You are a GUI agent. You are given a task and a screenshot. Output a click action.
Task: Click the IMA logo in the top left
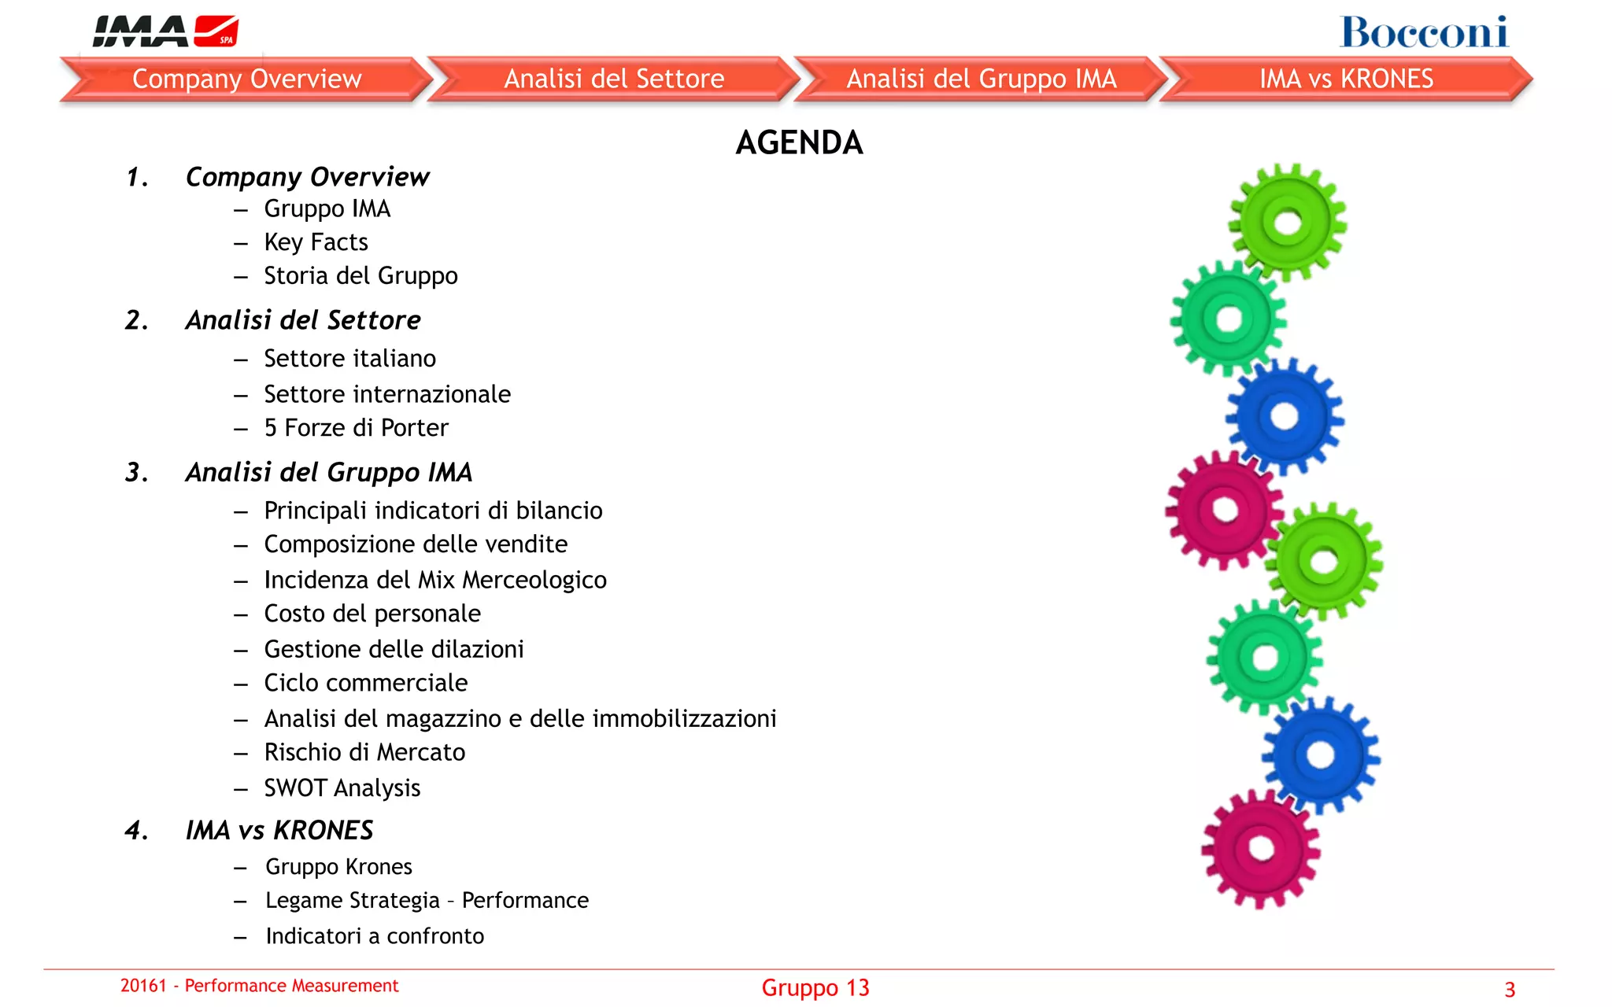[x=165, y=31]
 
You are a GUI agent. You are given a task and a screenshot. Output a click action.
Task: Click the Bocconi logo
[x=1424, y=32]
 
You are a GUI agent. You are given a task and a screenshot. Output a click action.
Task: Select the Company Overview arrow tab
[x=246, y=79]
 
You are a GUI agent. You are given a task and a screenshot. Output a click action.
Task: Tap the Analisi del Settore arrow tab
[x=614, y=79]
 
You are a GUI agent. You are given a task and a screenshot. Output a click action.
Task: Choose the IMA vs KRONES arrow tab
[x=1346, y=79]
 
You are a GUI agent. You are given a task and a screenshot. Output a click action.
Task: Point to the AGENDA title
[x=799, y=142]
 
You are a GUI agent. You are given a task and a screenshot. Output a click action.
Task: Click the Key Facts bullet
[x=316, y=242]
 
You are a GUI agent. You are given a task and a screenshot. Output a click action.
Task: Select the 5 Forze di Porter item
[x=356, y=428]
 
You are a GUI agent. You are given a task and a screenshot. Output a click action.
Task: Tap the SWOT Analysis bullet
[x=342, y=788]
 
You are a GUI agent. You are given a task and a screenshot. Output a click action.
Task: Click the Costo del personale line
[x=372, y=614]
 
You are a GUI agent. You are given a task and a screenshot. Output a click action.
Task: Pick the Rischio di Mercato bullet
[x=364, y=753]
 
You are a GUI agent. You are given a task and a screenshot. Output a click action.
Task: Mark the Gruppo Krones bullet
[x=338, y=867]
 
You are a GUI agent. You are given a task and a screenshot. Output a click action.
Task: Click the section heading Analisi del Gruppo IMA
[x=329, y=472]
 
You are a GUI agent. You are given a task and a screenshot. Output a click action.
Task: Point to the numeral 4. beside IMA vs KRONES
[x=137, y=831]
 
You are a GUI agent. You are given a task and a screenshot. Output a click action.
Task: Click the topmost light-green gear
[x=1288, y=223]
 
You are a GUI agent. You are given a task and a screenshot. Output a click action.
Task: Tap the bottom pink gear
[x=1261, y=849]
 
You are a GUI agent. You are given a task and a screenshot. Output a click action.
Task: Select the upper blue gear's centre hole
[x=1285, y=416]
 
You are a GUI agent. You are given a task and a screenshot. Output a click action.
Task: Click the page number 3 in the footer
[x=1510, y=990]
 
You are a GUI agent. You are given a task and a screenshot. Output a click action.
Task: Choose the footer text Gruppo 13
[x=815, y=988]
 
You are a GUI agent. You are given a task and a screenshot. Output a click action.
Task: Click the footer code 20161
[x=143, y=986]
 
